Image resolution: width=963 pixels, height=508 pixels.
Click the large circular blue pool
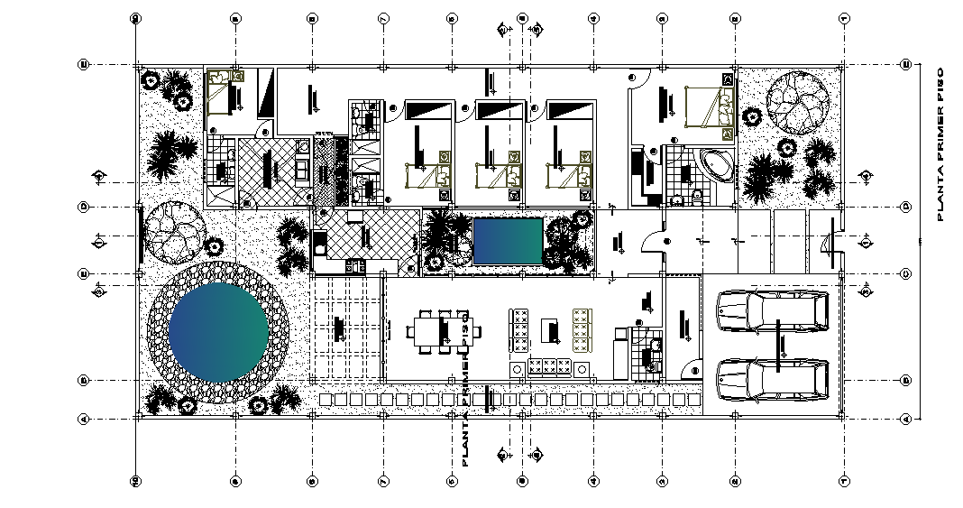(218, 330)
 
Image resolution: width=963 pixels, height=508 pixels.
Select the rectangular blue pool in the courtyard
(508, 241)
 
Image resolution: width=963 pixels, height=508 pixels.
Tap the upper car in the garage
(773, 310)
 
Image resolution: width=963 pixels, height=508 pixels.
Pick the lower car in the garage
(773, 379)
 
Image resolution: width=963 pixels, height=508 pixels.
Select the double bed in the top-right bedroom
(709, 106)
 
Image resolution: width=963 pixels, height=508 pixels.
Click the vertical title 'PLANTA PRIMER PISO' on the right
(940, 144)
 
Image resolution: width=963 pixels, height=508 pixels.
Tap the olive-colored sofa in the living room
(582, 330)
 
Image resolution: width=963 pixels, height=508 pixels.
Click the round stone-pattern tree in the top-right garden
(797, 100)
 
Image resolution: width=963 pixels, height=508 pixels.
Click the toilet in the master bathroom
(699, 194)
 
